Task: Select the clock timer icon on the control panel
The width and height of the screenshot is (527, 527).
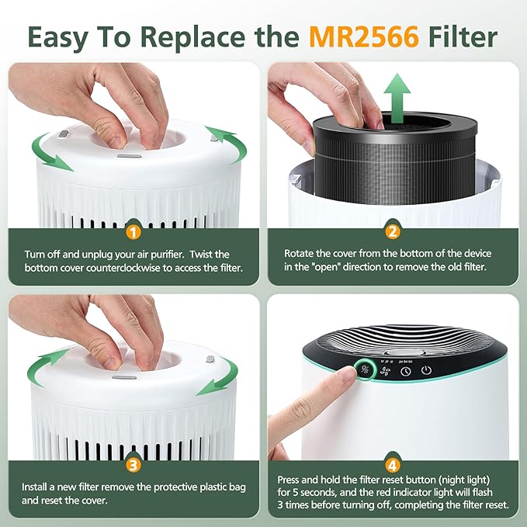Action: [405, 372]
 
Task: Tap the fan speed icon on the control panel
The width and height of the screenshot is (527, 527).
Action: [383, 371]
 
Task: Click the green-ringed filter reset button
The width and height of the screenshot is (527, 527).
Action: [362, 369]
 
